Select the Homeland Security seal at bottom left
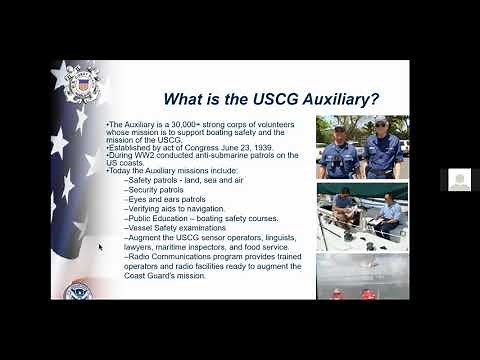(x=77, y=292)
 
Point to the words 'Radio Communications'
(x=171, y=257)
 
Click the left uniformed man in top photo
(x=342, y=148)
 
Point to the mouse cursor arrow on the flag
(x=100, y=245)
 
